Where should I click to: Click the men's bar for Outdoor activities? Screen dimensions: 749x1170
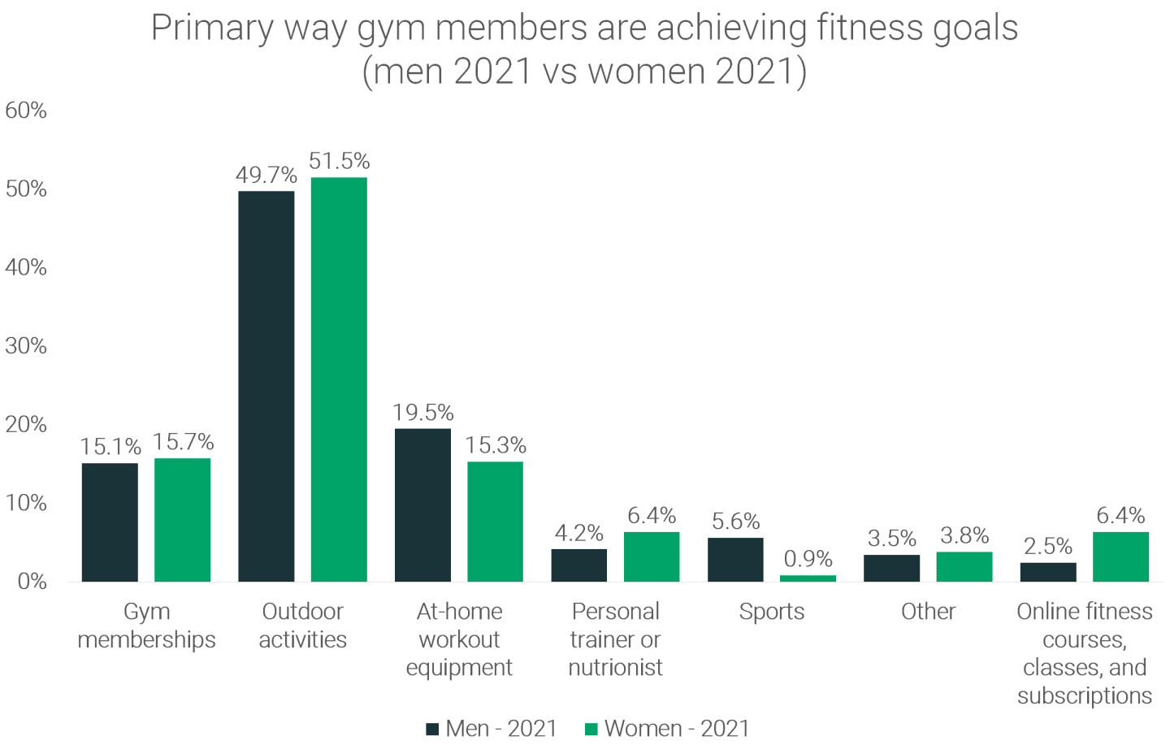point(266,386)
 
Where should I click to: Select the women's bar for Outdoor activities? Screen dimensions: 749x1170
point(339,379)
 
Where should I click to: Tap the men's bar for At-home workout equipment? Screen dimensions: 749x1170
point(422,504)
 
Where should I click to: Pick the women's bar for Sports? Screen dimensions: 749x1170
point(808,578)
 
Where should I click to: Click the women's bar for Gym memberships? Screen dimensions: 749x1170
point(183,520)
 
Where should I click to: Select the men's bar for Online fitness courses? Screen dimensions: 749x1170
point(1048,572)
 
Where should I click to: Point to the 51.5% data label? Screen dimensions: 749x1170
point(339,161)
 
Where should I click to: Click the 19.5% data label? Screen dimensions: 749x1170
point(422,413)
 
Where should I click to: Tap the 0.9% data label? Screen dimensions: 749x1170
point(808,559)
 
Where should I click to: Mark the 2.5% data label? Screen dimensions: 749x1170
point(1048,546)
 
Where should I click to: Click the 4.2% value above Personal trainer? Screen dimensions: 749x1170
point(578,533)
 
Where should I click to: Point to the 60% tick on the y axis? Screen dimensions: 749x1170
point(26,110)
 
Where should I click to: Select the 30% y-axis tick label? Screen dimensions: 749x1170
point(26,346)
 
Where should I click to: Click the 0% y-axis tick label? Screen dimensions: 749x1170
point(31,582)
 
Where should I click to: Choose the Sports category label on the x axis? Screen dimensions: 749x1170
point(771,612)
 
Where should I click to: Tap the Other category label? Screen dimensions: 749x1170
point(928,612)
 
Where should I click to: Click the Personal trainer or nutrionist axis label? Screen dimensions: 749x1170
point(615,639)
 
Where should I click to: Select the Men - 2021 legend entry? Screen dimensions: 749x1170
point(492,729)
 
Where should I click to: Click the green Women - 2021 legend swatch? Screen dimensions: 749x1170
point(591,730)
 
